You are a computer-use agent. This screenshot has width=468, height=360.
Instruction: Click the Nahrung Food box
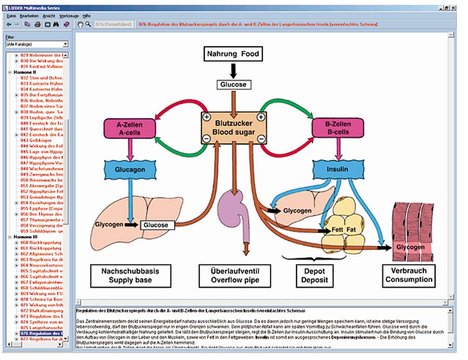(233, 54)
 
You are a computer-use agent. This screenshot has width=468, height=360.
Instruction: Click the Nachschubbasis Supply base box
(130, 275)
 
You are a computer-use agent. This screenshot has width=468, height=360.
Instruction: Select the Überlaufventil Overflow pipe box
(234, 275)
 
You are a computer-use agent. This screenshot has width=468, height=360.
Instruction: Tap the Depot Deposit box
(313, 275)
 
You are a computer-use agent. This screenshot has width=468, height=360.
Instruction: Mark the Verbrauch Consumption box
(409, 275)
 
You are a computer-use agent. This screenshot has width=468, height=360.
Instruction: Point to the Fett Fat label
(344, 229)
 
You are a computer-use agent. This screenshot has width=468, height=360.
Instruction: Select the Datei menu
(11, 17)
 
